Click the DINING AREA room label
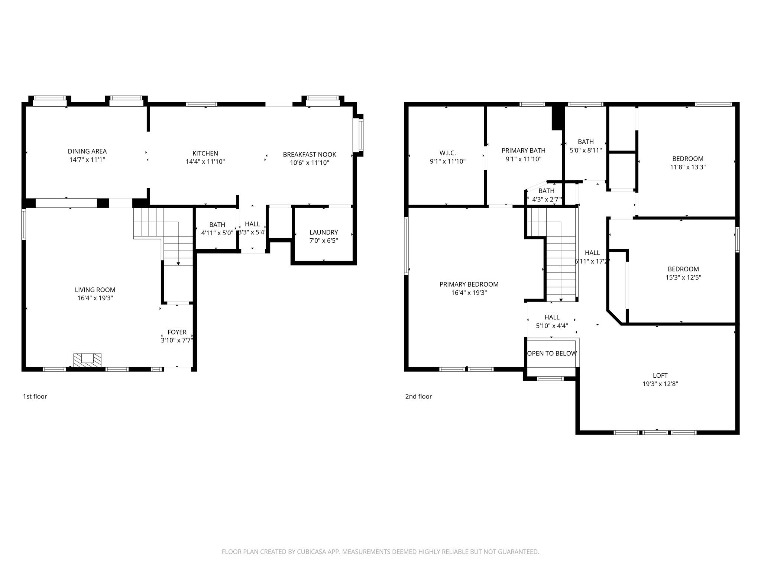click(x=87, y=151)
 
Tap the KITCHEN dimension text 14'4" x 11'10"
click(x=205, y=162)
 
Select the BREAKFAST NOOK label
click(x=309, y=154)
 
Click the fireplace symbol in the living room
click(x=87, y=360)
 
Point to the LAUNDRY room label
click(x=323, y=232)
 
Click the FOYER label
click(x=177, y=332)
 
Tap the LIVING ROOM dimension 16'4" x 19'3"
click(x=95, y=298)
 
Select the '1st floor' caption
click(x=35, y=396)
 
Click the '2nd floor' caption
click(x=418, y=396)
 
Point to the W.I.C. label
click(x=447, y=153)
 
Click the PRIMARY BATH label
click(x=523, y=151)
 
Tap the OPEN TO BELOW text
click(x=552, y=353)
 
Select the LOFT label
click(x=660, y=375)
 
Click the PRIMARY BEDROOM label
click(x=469, y=284)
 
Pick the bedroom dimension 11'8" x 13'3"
click(x=687, y=167)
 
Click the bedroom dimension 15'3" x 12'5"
click(x=683, y=277)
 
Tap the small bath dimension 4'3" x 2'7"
click(x=546, y=199)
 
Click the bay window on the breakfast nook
click(x=360, y=135)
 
